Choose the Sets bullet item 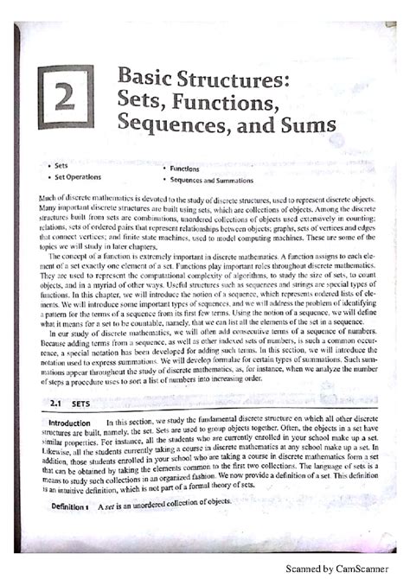pos(61,164)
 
